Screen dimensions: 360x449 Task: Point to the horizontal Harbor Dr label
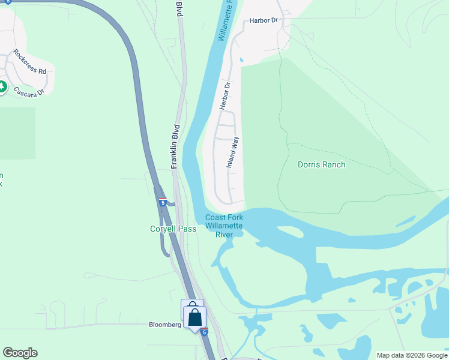(x=264, y=20)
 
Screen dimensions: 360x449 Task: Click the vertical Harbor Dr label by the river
(x=226, y=96)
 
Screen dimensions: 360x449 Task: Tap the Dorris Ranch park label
(x=321, y=164)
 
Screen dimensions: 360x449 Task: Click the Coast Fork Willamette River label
(x=224, y=226)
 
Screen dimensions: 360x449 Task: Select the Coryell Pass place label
(x=173, y=229)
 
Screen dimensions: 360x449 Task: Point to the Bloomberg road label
(x=165, y=325)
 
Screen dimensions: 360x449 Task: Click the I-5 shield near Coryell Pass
(x=163, y=202)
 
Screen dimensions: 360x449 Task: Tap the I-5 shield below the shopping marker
(x=205, y=332)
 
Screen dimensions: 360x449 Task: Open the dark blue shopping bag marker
(x=195, y=317)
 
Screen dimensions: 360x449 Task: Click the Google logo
(x=20, y=353)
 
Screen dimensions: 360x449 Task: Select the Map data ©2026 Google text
(x=412, y=355)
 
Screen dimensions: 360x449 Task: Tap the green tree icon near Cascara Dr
(x=2, y=88)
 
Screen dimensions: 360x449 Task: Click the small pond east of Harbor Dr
(x=241, y=60)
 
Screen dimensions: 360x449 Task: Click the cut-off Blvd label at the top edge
(x=179, y=8)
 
